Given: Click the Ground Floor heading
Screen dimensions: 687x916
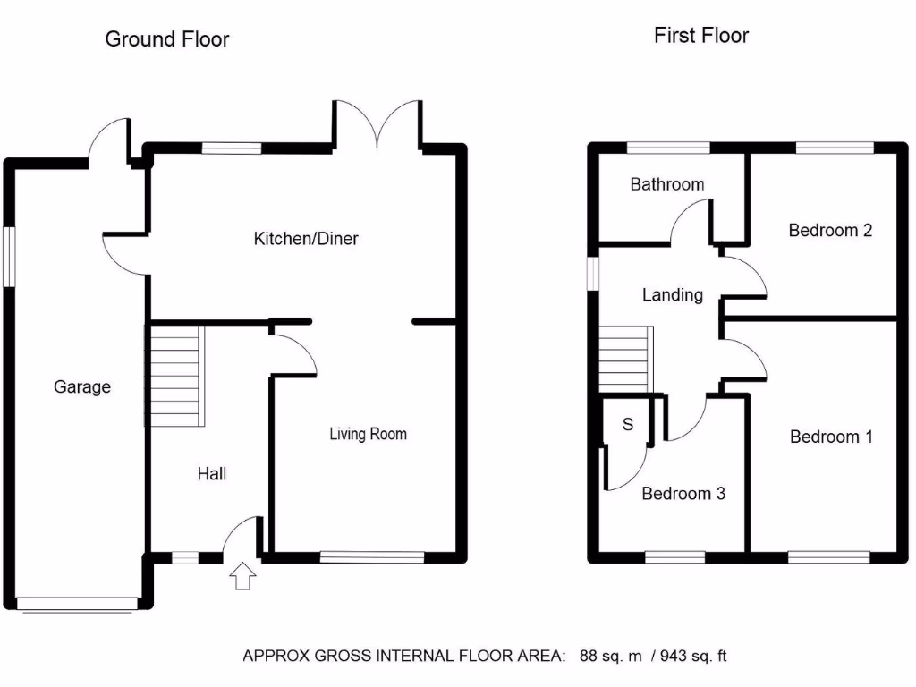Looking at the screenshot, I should pos(167,39).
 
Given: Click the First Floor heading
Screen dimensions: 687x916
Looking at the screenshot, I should pos(701,36).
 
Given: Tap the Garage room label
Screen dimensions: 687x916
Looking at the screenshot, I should pos(82,387).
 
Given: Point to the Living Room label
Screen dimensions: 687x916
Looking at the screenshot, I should pos(368,435).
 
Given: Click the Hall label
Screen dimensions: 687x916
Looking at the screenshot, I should pos(212,474).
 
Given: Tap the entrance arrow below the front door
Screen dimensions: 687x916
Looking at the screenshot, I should pos(241,577).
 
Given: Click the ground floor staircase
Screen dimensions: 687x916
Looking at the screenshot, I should pos(176,376).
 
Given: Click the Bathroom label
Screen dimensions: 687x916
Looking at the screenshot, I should pos(666,185).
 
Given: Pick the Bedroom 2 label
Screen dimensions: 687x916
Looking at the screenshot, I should pos(830,231).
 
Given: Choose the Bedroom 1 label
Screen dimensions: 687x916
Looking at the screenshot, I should pos(831,437).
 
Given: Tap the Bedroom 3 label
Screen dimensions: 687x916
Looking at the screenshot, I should pos(683,494).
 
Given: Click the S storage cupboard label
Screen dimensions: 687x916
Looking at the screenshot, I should pos(627,425).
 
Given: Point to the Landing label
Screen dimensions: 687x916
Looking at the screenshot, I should pos(672,295).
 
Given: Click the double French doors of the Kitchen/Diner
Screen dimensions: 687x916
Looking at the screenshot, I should pos(377,125).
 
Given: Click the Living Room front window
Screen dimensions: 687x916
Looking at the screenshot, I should pos(371,557).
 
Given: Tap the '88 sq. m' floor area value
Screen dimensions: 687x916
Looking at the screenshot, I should pos(611,657).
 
